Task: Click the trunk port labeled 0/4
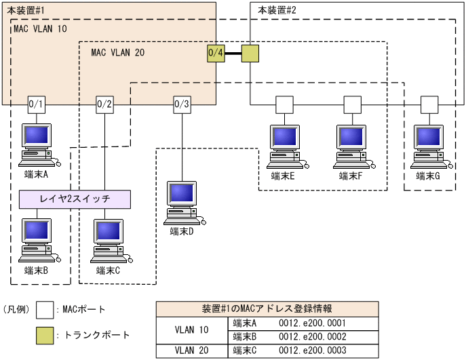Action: pyautogui.click(x=216, y=53)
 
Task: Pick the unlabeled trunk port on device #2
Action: pyautogui.click(x=250, y=53)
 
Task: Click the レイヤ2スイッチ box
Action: pyautogui.click(x=75, y=199)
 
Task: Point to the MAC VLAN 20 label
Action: pyautogui.click(x=117, y=52)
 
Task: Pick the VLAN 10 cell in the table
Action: pyautogui.click(x=192, y=330)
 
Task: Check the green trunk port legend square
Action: pyautogui.click(x=45, y=334)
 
